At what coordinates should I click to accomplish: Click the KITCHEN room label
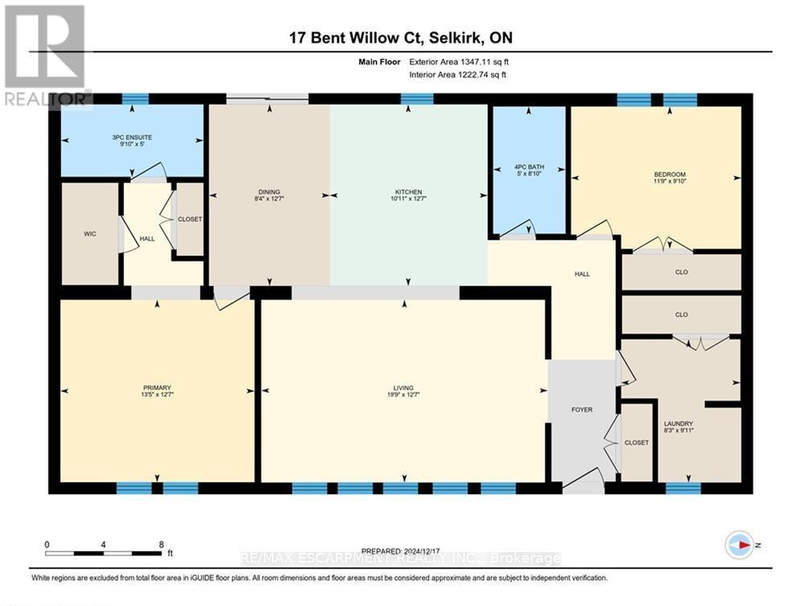(x=408, y=192)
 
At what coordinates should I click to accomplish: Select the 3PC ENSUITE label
(x=132, y=138)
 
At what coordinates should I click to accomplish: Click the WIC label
(x=89, y=235)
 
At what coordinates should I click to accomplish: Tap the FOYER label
(x=582, y=410)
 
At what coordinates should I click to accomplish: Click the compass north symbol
(x=739, y=545)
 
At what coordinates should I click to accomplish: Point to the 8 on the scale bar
(x=161, y=544)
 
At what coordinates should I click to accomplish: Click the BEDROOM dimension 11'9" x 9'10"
(x=669, y=183)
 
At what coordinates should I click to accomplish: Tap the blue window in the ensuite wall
(x=135, y=99)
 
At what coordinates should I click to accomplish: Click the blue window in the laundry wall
(x=683, y=488)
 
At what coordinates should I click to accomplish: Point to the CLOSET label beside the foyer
(x=637, y=443)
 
